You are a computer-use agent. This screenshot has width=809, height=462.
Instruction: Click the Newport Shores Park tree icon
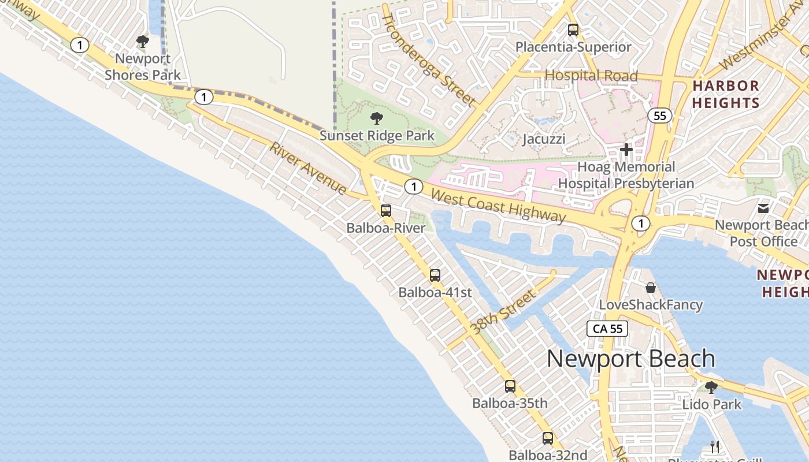point(143,42)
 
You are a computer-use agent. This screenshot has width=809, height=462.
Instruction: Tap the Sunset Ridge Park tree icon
point(377,119)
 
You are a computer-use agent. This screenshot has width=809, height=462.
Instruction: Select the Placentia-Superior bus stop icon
point(573,30)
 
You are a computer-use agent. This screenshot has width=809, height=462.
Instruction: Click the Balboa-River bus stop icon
point(386,211)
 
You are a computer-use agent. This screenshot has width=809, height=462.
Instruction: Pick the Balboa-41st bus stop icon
point(435,275)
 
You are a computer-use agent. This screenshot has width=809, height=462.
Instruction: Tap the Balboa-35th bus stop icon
point(510,386)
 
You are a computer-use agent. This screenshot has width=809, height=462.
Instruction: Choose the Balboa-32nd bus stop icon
point(548,438)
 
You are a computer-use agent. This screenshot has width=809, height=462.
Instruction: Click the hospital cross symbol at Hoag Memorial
point(626,150)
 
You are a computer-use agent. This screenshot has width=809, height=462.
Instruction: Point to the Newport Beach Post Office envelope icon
point(763,208)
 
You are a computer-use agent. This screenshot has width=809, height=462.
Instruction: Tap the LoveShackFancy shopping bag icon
point(651,288)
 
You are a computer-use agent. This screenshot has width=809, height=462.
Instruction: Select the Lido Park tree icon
point(711,388)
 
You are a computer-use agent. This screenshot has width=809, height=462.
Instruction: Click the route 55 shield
point(660,116)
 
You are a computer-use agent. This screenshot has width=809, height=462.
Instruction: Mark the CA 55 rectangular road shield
point(607,329)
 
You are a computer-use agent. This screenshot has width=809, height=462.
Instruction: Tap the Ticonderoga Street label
point(429,59)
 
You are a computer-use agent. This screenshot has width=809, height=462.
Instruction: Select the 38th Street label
point(503,312)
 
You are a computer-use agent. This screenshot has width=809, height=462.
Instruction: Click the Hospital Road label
point(591,76)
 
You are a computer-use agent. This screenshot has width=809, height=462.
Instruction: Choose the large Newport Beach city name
point(631,359)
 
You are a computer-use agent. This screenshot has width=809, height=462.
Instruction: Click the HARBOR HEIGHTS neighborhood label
point(726,94)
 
